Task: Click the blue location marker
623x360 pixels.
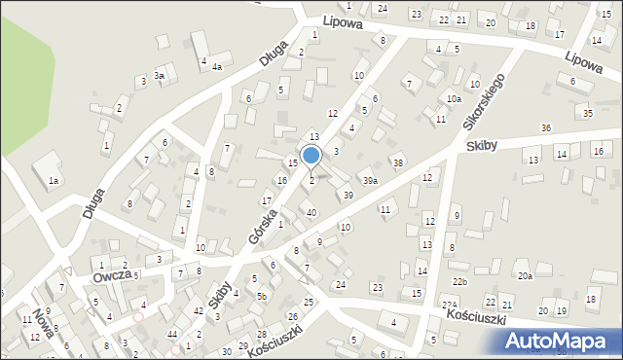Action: tap(311, 155)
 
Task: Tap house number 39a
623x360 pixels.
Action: tap(371, 181)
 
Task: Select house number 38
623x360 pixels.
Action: tap(397, 162)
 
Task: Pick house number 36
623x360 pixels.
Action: tap(546, 128)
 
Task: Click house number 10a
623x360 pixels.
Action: tap(454, 99)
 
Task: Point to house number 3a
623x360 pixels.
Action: tap(160, 75)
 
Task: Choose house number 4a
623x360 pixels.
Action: tap(218, 67)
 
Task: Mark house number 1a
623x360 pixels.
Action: tap(55, 181)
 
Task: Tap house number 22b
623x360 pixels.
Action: tap(459, 282)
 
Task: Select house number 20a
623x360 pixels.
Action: tap(525, 276)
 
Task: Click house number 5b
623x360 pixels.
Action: tap(262, 296)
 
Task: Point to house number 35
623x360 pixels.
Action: tap(587, 114)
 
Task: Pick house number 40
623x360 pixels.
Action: tap(311, 212)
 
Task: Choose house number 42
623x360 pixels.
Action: tap(199, 310)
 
